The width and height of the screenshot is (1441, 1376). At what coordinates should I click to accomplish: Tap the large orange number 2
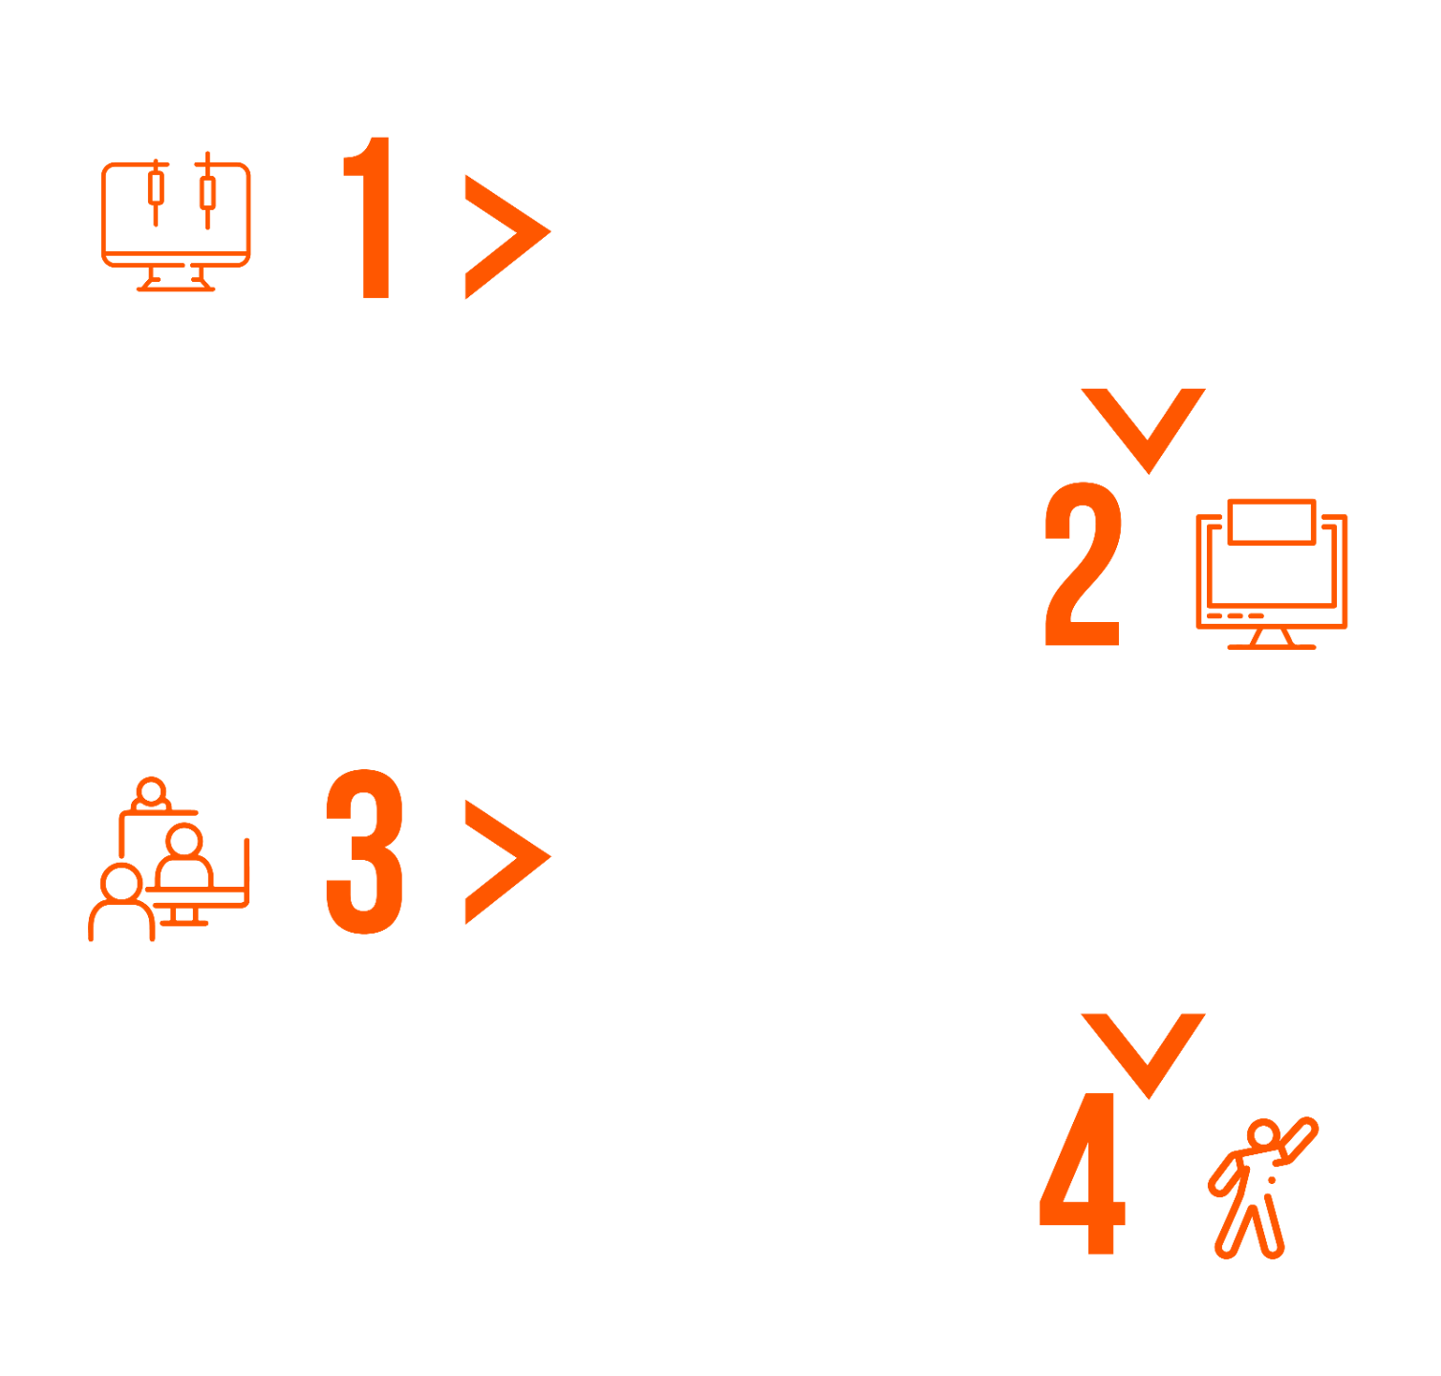pos(1082,564)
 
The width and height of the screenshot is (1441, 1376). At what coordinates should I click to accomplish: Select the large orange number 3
pos(365,850)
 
